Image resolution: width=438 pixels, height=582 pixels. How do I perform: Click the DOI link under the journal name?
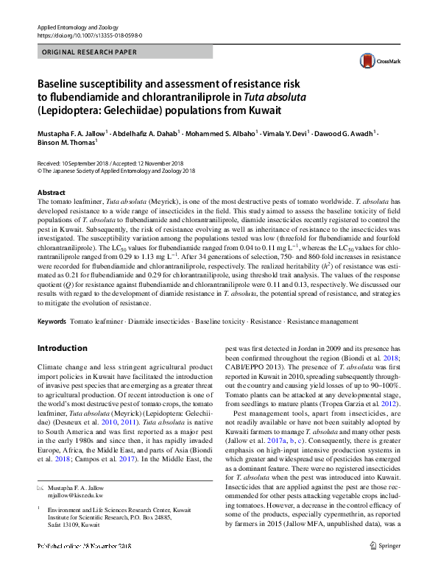[89, 35]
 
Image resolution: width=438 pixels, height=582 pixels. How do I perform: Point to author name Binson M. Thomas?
[66, 144]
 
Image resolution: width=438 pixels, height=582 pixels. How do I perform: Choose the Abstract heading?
[51, 191]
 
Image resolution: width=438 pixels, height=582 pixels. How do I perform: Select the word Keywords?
[52, 322]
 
